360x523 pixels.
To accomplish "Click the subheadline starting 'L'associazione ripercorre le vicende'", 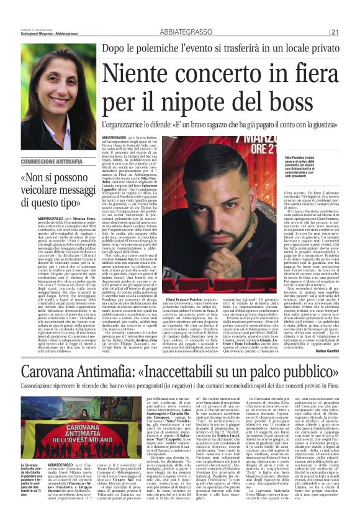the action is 179,373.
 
